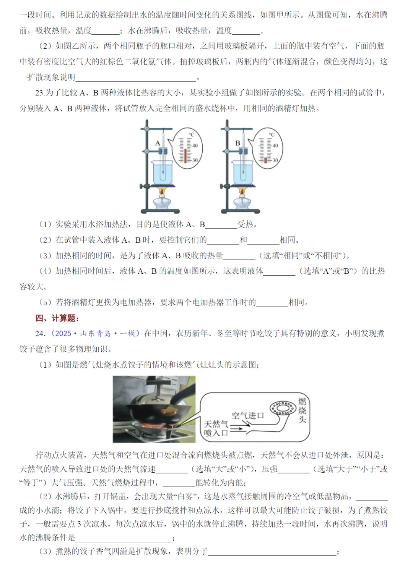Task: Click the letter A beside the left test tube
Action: coord(158,143)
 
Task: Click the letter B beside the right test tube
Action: coord(237,143)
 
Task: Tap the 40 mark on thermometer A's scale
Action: coord(195,145)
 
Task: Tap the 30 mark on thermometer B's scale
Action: coord(275,160)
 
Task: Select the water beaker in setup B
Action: coord(243,173)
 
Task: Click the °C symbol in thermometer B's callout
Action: coord(272,135)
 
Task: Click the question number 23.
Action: coord(40,93)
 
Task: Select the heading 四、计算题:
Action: coord(57,318)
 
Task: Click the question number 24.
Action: coord(40,334)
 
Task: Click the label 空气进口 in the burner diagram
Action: coord(248,416)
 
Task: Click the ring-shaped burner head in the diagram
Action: coord(283,408)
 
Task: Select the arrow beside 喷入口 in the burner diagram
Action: coord(236,429)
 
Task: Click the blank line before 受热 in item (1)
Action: coord(221,225)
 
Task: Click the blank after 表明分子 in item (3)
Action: coord(272,552)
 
